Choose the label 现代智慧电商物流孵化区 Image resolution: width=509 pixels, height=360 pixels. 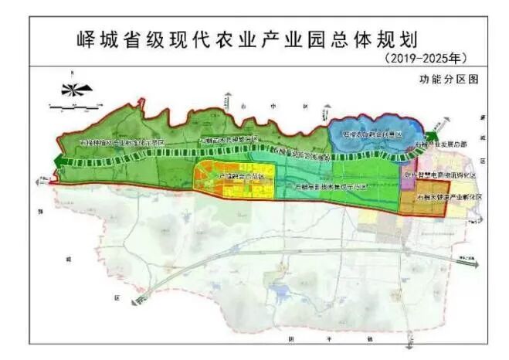(441, 175)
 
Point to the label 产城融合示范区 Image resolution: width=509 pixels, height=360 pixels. (241, 176)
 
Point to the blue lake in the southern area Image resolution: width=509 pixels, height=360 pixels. (277, 291)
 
